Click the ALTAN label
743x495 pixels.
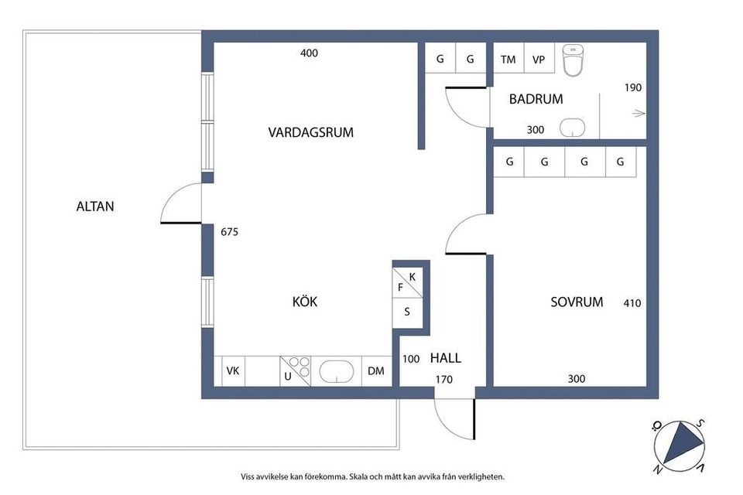(x=95, y=207)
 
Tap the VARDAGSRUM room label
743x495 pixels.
(x=310, y=132)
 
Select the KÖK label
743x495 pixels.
(x=305, y=302)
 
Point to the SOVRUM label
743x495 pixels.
(x=577, y=302)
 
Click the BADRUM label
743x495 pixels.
(x=536, y=99)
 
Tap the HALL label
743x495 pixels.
(x=445, y=358)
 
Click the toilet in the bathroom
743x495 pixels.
(x=574, y=62)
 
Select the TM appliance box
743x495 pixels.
(x=508, y=60)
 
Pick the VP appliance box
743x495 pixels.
(x=539, y=60)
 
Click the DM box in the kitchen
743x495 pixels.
(x=376, y=371)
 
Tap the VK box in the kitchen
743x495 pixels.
(x=233, y=371)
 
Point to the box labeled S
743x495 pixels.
(x=407, y=313)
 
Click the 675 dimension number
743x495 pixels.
(x=231, y=231)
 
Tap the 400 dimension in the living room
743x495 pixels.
(x=309, y=53)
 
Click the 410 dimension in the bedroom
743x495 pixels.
(x=632, y=303)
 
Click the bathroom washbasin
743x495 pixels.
(x=573, y=128)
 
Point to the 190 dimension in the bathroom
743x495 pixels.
(x=633, y=87)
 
